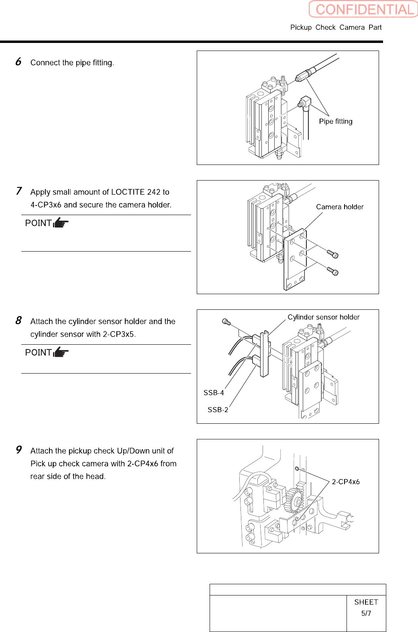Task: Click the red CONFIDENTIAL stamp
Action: click(x=363, y=9)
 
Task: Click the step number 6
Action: click(x=18, y=62)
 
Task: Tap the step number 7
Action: click(x=19, y=191)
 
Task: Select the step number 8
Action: click(x=18, y=321)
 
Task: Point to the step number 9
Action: click(x=19, y=450)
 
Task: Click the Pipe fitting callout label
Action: click(x=336, y=122)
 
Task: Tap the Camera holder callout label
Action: click(x=340, y=207)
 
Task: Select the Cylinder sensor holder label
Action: click(x=324, y=317)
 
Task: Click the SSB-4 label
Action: click(x=214, y=393)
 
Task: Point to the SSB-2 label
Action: click(x=218, y=410)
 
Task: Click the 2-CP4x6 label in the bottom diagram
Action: click(x=346, y=482)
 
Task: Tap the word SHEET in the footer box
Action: click(x=366, y=602)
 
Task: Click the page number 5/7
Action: click(x=366, y=614)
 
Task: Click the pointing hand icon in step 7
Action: click(x=61, y=223)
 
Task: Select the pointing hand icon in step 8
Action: click(x=61, y=352)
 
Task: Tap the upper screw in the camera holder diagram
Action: click(x=333, y=254)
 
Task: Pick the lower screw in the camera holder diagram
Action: click(x=333, y=272)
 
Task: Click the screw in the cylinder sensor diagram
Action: click(x=226, y=322)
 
